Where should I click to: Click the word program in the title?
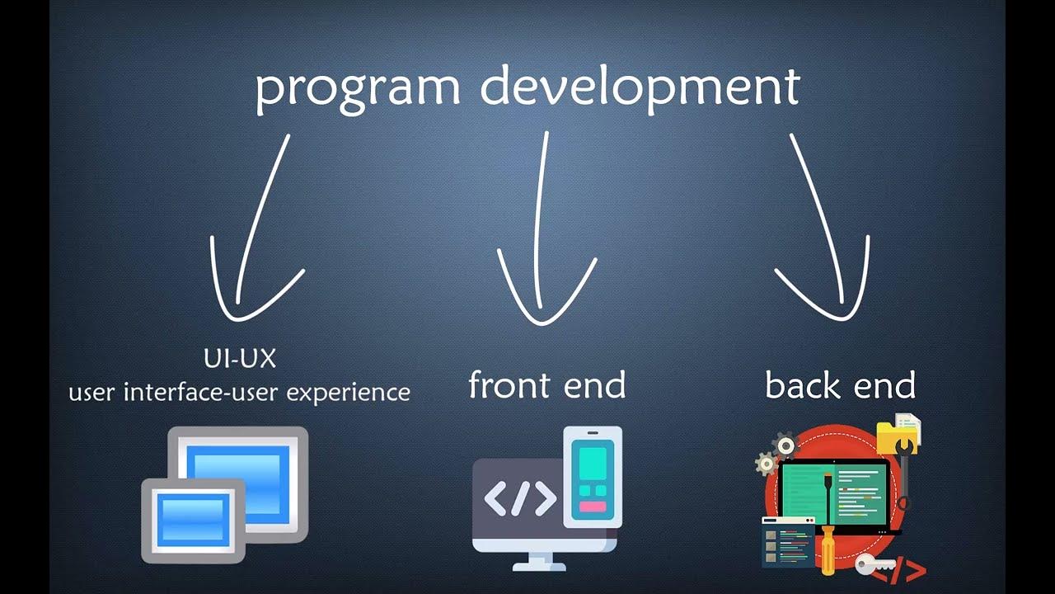pos(357,87)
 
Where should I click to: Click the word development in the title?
pos(640,87)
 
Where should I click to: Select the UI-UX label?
pos(239,359)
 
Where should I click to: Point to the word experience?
pos(347,392)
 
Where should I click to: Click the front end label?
pos(546,385)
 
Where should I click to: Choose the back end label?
pos(840,385)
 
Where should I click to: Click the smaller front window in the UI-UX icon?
pos(194,520)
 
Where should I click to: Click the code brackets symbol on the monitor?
pos(519,498)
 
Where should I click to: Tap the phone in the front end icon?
pos(593,476)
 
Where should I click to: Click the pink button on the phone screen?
pos(593,507)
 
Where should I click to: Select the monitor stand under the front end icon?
pos(540,562)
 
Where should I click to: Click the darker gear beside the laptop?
pos(785,445)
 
